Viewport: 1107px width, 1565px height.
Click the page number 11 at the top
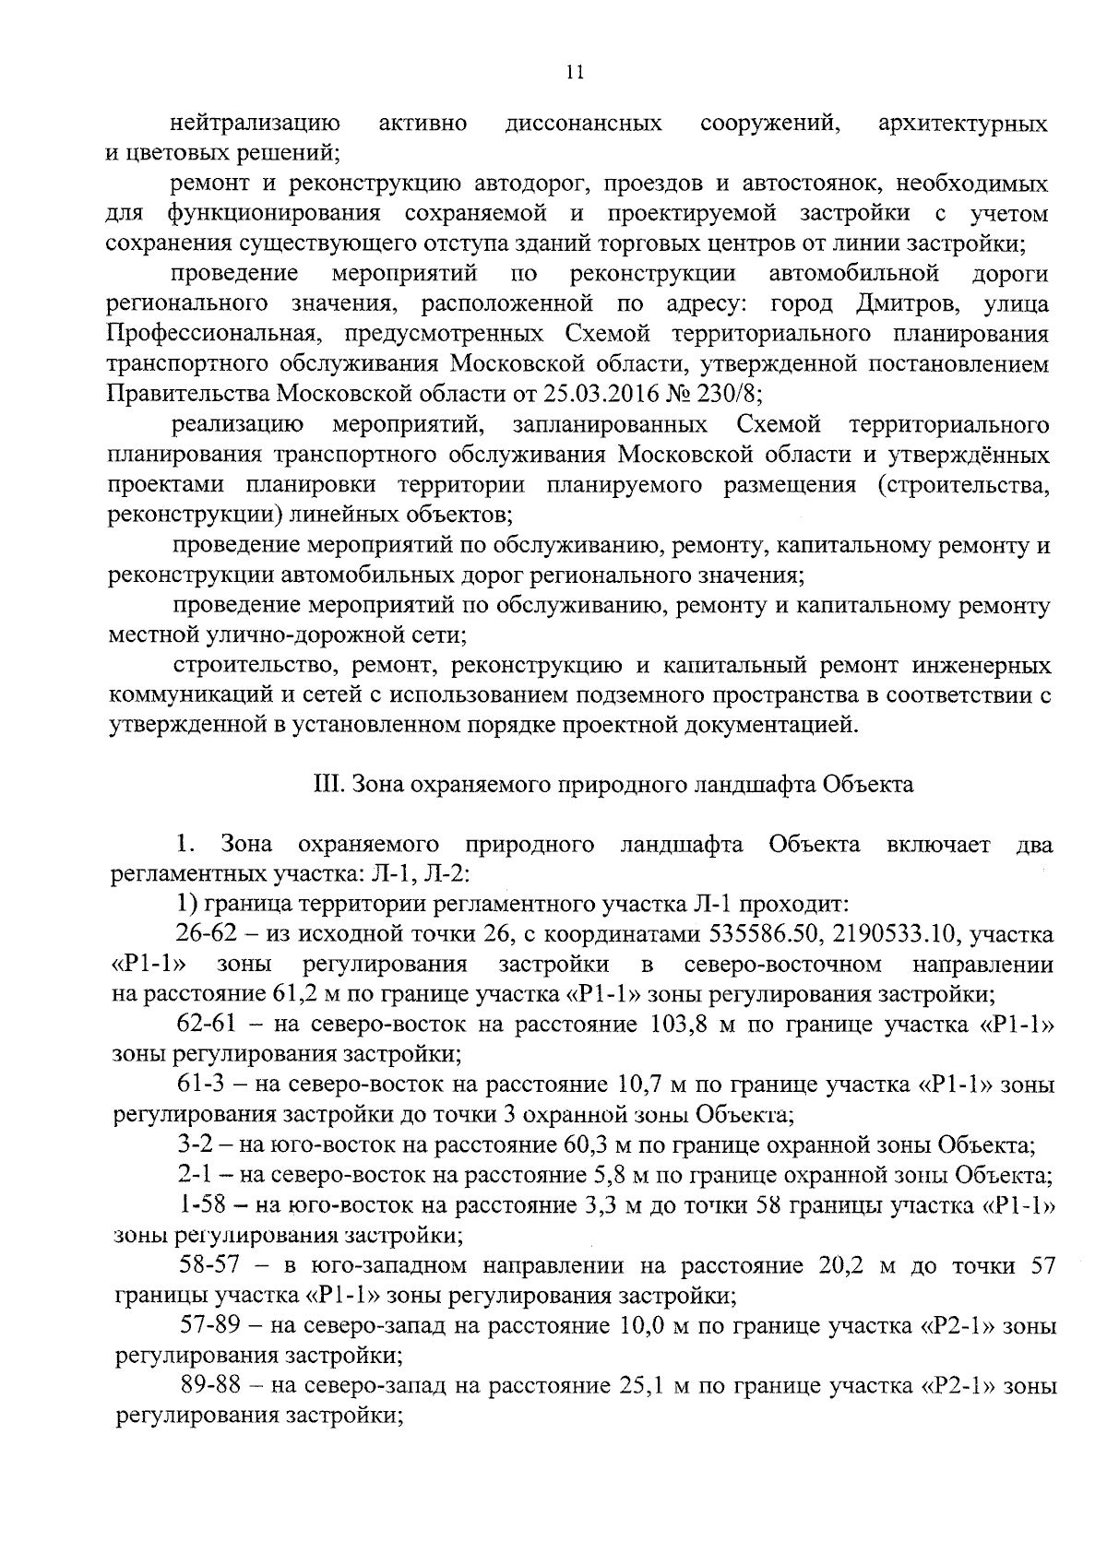(x=575, y=74)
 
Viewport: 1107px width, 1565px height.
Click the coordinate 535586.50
(x=765, y=934)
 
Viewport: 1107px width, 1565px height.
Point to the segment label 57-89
(x=209, y=1327)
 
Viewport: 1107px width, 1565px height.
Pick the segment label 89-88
(x=209, y=1386)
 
